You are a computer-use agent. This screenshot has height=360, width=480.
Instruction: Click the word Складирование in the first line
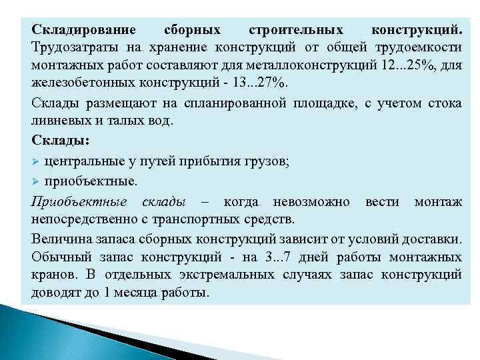(83, 31)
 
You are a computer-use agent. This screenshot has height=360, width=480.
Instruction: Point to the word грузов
(266, 161)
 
